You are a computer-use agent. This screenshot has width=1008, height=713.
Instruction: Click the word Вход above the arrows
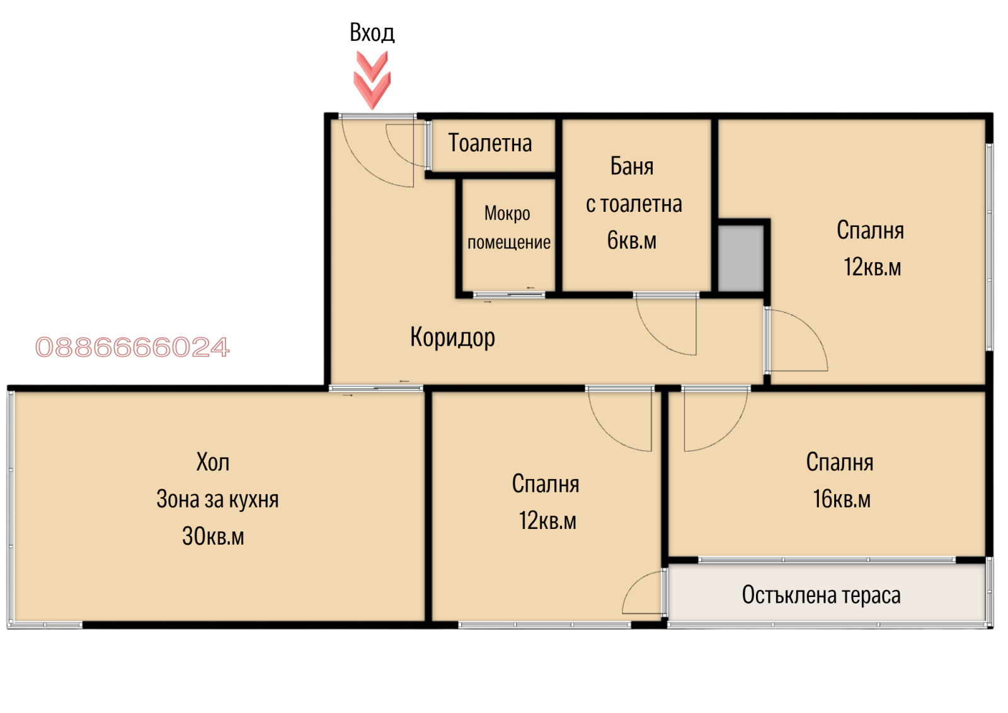(372, 33)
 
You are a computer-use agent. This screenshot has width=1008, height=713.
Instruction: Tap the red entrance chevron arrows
(372, 79)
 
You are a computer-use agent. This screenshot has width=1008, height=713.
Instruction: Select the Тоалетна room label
(490, 142)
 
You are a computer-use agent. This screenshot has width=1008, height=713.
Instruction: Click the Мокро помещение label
(508, 228)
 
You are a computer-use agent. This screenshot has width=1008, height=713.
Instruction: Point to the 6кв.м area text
(632, 240)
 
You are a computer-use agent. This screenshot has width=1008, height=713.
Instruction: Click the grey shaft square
(741, 258)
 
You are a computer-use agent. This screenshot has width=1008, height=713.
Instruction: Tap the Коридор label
(452, 337)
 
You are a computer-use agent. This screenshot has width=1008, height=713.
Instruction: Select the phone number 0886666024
(132, 347)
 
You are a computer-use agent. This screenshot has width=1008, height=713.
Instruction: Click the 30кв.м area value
(213, 536)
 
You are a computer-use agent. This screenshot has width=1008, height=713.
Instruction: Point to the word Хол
(213, 462)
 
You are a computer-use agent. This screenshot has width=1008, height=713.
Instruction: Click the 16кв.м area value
(842, 499)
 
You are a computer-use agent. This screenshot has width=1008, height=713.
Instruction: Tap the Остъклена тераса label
(822, 595)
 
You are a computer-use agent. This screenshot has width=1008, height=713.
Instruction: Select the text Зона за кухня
(217, 499)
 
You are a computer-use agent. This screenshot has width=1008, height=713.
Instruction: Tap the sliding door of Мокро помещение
(509, 295)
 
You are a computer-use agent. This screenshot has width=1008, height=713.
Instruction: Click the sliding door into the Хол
(375, 388)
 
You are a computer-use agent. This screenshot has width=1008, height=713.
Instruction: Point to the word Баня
(632, 166)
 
